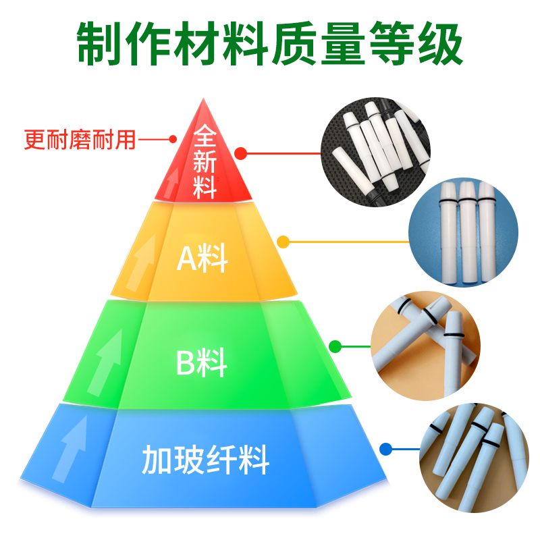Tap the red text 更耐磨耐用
[x=80, y=140]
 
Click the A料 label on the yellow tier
[x=202, y=259]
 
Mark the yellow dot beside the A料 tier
[x=283, y=241]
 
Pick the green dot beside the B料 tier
[x=335, y=347]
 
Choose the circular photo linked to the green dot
[x=425, y=344]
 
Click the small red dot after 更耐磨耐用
[x=173, y=140]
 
